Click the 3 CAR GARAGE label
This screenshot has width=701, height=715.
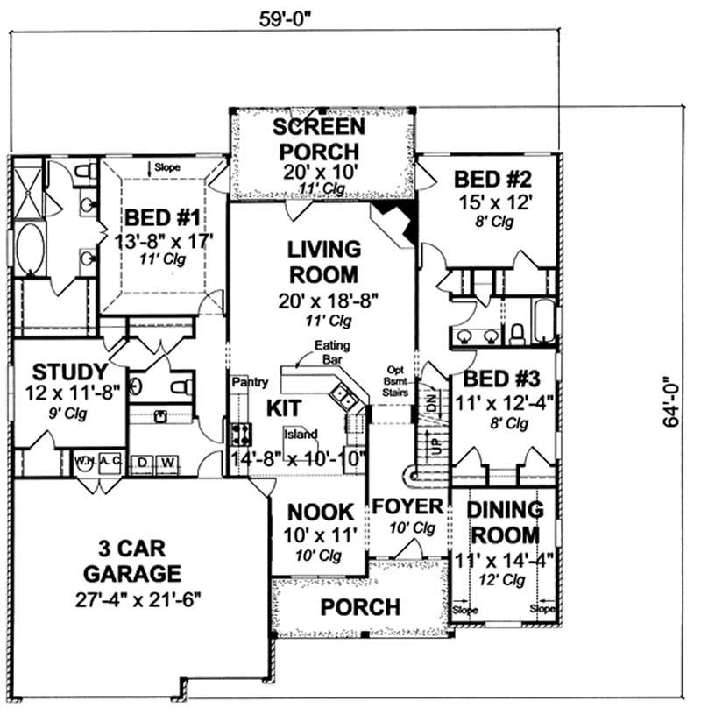pos(140,563)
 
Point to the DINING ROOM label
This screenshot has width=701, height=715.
pos(504,521)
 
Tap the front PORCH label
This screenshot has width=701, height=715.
pos(359,606)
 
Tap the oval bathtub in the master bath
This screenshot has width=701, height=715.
pos(29,250)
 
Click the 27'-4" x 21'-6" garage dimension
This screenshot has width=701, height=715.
pos(140,603)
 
